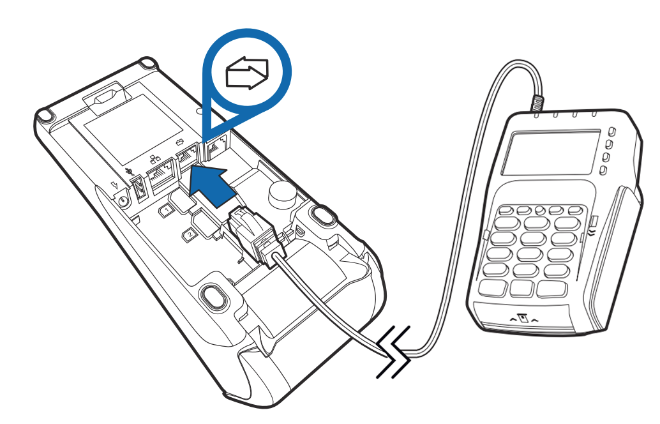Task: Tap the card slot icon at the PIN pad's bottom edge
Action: [x=523, y=317]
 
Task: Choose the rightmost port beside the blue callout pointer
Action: [x=215, y=148]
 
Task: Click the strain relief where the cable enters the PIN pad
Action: [x=537, y=102]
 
